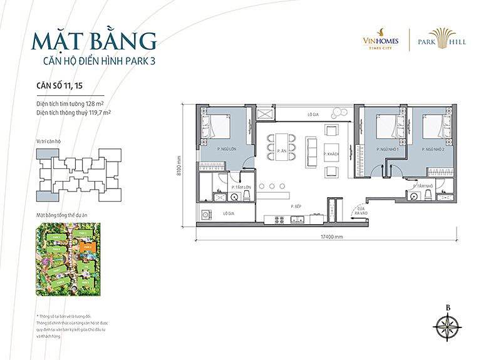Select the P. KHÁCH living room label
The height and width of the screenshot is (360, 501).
tap(331, 154)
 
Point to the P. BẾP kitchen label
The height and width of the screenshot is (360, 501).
tap(297, 206)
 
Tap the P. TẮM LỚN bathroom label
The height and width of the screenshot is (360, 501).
tap(241, 187)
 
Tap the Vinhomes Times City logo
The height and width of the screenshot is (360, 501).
tap(376, 41)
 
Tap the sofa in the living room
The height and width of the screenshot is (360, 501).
tap(311, 148)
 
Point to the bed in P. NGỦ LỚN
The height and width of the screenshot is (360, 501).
tap(215, 126)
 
